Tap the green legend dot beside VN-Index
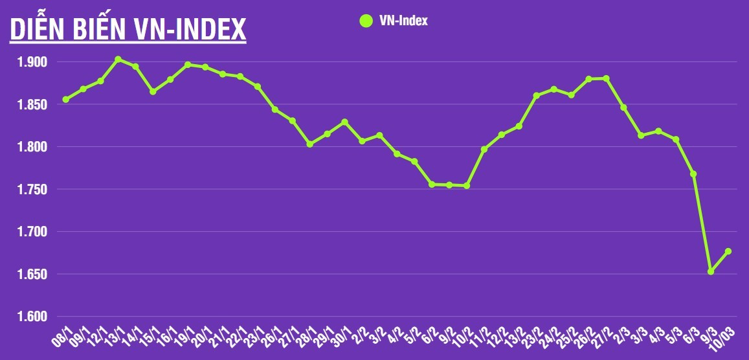(366, 21)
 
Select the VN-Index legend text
(404, 21)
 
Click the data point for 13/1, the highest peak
(118, 60)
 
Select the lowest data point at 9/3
(711, 271)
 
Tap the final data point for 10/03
(728, 251)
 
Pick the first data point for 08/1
(65, 100)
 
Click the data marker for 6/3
(693, 174)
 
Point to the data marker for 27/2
(606, 78)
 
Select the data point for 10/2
(467, 186)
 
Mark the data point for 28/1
(310, 144)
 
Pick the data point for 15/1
(153, 92)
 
